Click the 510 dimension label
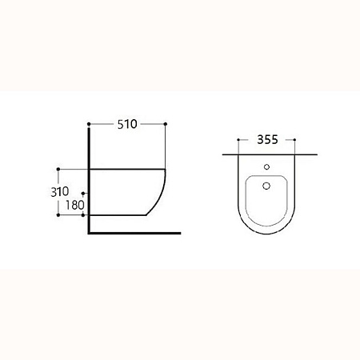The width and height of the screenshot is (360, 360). coord(127,124)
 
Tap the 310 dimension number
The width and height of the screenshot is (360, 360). coord(60,191)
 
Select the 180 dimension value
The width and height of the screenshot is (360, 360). coord(75,205)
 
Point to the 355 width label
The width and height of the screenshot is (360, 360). coord(267,139)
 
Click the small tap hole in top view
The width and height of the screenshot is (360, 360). coord(266,167)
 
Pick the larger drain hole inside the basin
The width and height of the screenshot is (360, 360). coord(266,186)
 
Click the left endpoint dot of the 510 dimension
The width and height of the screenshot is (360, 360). coord(89,124)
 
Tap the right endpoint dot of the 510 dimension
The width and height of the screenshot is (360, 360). coord(166,124)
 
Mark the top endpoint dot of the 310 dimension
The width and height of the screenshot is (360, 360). coord(58,170)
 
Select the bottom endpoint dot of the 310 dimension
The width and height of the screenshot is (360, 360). coord(58,215)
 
